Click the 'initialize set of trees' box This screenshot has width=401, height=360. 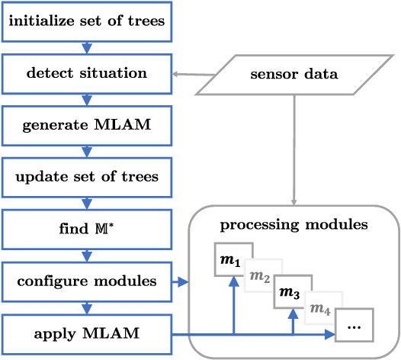pyautogui.click(x=86, y=21)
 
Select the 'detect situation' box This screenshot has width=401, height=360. pyautogui.click(x=86, y=74)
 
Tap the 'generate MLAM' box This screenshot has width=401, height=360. pyautogui.click(x=86, y=125)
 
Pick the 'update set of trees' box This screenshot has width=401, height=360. pyautogui.click(x=86, y=177)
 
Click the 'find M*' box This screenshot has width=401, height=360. pyautogui.click(x=86, y=229)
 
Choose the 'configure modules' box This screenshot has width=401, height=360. pyautogui.click(x=86, y=281)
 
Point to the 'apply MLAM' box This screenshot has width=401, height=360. pyautogui.click(x=86, y=333)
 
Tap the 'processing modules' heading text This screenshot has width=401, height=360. pyautogui.click(x=294, y=225)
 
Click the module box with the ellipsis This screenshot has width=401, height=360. pyautogui.click(x=354, y=325)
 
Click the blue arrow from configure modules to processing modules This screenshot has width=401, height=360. pyautogui.click(x=180, y=282)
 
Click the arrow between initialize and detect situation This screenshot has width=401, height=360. pyautogui.click(x=86, y=48)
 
